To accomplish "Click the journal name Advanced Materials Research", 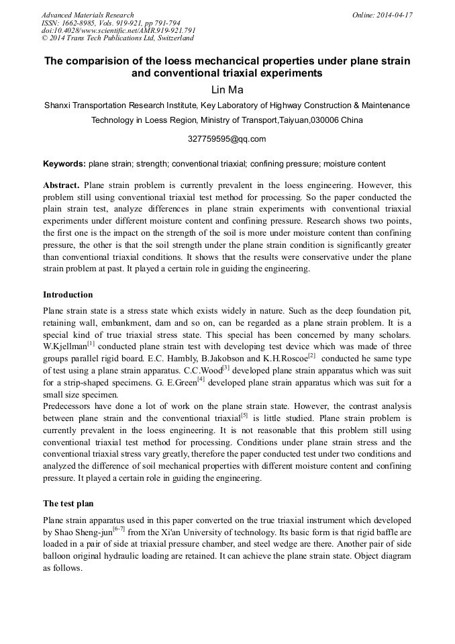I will click(87, 15).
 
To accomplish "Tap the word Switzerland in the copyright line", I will click(172, 38).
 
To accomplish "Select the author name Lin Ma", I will click(227, 89).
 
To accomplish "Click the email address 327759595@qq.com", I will click(227, 139).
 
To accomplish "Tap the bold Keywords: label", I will click(64, 163).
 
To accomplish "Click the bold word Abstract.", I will click(61, 185).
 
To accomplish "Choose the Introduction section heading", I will click(68, 294).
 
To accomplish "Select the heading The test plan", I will click(68, 503).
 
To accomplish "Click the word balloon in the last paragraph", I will click(58, 556).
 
